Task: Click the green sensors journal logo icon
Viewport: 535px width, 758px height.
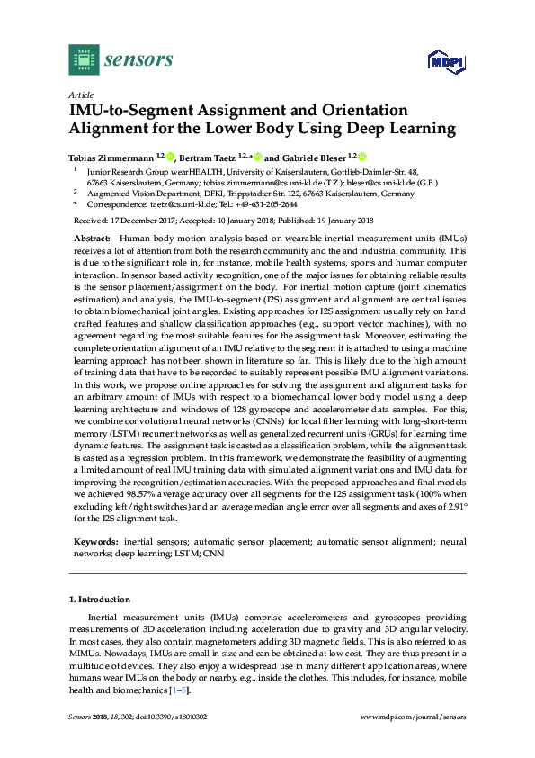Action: pyautogui.click(x=84, y=59)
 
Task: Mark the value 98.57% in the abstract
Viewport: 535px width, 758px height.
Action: pyautogui.click(x=154, y=494)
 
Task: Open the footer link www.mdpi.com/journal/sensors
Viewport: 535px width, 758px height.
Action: pyautogui.click(x=413, y=717)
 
